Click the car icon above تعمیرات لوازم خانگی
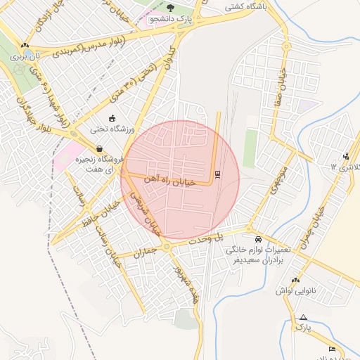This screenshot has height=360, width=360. [x=258, y=238]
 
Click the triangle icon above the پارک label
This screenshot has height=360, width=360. [x=303, y=318]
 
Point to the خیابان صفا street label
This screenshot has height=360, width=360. [x=283, y=84]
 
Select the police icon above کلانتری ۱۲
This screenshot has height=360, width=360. [x=345, y=156]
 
